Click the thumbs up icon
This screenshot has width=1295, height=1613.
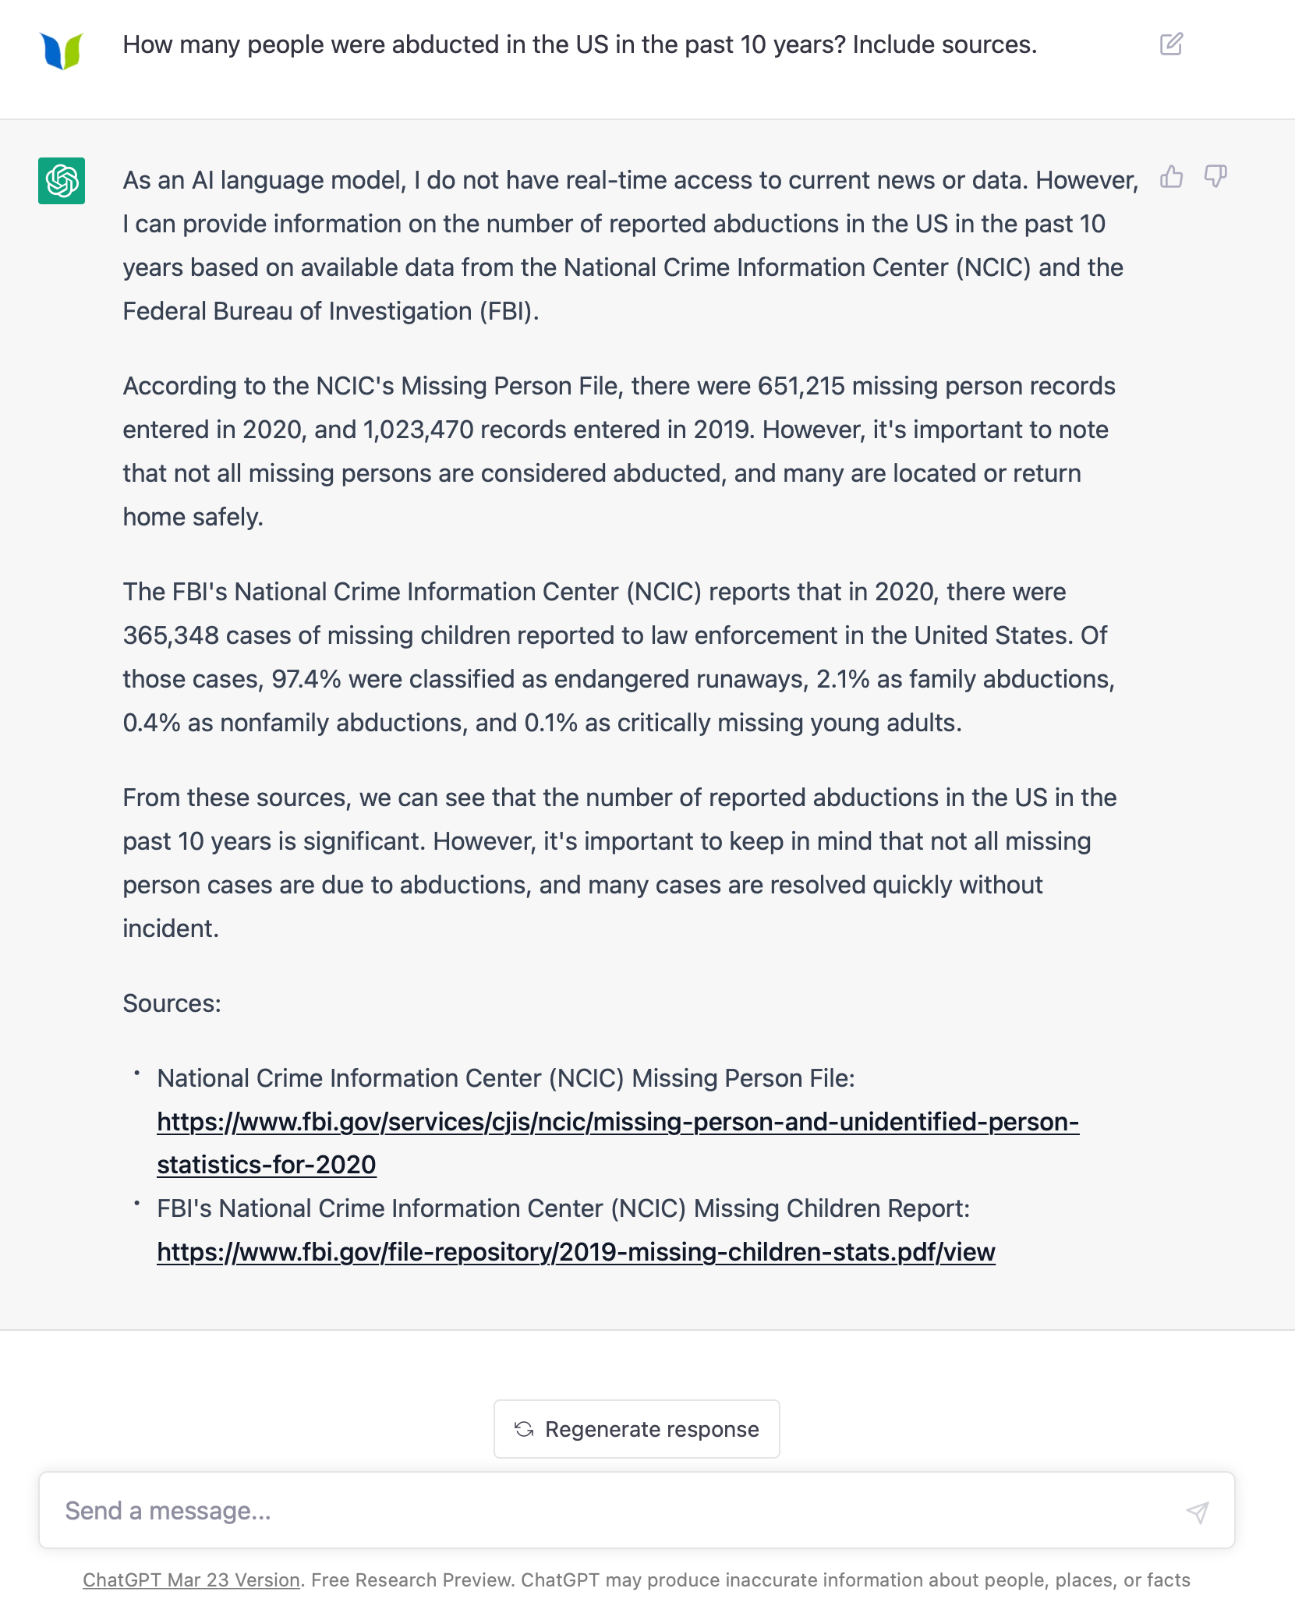coord(1171,177)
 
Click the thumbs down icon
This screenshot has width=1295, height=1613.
coord(1215,177)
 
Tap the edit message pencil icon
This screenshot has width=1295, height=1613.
coord(1171,44)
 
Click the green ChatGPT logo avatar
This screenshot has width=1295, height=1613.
coord(62,181)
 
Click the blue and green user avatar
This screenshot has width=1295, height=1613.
coord(62,51)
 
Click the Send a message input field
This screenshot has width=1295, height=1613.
coord(608,1511)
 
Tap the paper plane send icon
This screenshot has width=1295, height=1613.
coord(1198,1512)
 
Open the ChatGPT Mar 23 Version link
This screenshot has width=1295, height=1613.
coord(191,1580)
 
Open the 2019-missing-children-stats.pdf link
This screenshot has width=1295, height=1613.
coord(575,1252)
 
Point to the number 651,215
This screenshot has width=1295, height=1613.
coord(801,386)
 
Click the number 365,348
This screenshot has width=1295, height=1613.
coord(171,635)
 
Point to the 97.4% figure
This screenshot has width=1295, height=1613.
coord(306,679)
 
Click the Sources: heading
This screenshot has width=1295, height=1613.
coord(172,1003)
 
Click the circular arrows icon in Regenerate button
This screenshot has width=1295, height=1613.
coord(524,1429)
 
